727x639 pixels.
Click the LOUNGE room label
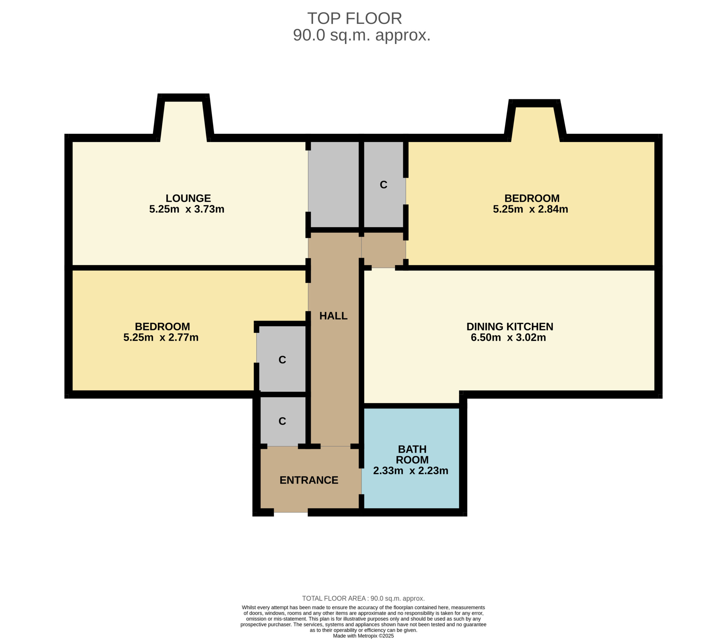click(x=188, y=198)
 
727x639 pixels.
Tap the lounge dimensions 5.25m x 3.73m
click(x=187, y=209)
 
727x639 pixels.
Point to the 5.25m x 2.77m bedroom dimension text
click(x=161, y=337)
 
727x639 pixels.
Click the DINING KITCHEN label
click(x=510, y=327)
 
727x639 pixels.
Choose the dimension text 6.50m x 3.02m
click(x=508, y=337)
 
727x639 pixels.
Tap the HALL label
click(x=333, y=316)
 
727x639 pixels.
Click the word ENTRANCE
click(x=309, y=480)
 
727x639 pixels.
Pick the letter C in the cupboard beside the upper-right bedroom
click(x=383, y=185)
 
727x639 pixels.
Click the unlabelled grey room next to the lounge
click(x=334, y=184)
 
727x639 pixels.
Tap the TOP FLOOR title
click(x=355, y=18)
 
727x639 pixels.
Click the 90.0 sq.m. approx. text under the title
click(x=362, y=35)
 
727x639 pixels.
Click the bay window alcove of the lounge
click(x=183, y=121)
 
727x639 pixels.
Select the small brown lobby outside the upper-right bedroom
click(x=383, y=250)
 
